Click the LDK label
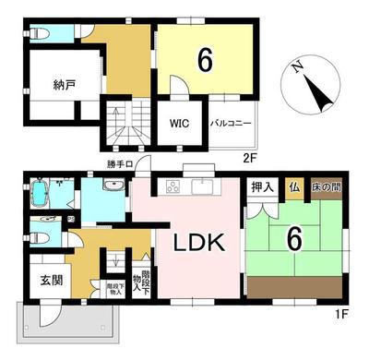coord(196,244)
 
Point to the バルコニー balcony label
coord(227,123)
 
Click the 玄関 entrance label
coord(51,280)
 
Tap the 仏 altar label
coord(292,186)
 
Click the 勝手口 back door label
coord(121,165)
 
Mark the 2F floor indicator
coord(249,158)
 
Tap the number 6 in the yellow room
coord(206,60)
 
